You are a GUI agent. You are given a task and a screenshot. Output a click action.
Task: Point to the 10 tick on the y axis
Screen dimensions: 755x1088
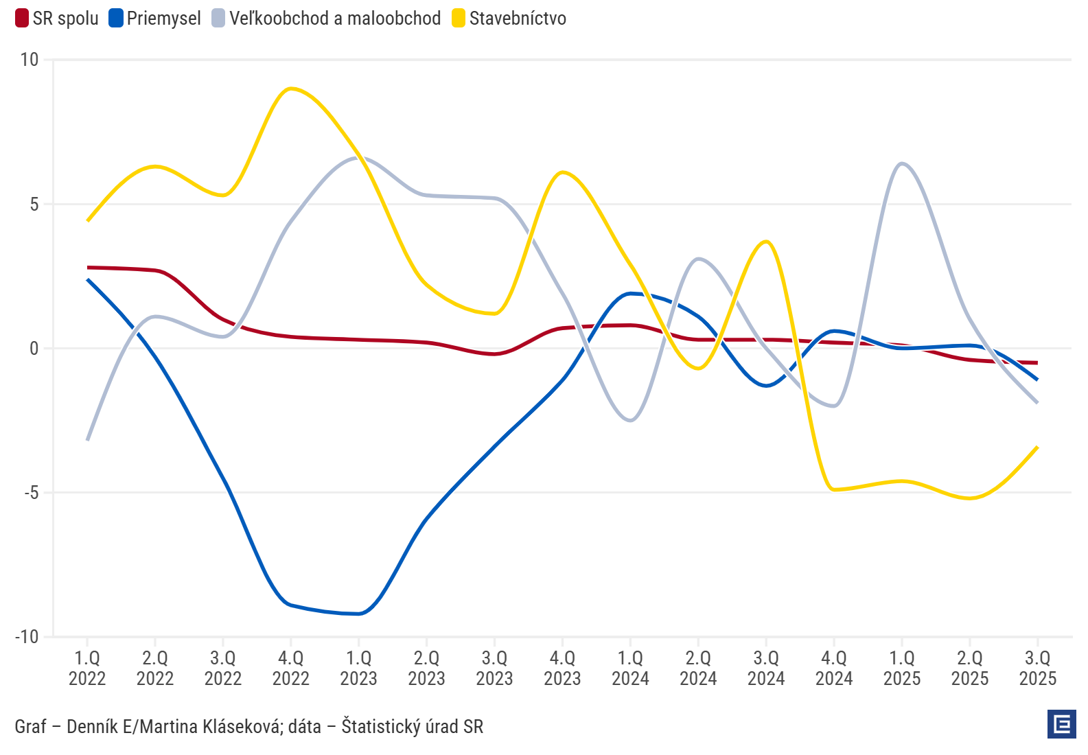tap(30, 60)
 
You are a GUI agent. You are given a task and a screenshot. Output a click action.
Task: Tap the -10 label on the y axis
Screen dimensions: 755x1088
tap(27, 637)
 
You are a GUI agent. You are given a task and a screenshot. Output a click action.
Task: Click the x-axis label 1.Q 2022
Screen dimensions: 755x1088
tap(87, 668)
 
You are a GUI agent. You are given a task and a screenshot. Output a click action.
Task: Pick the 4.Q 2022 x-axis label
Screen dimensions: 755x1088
tap(291, 668)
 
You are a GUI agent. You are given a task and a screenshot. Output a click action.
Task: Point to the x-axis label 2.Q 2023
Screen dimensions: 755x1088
tap(426, 668)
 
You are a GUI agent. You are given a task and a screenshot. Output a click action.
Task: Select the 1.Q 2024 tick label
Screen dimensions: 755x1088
tap(630, 668)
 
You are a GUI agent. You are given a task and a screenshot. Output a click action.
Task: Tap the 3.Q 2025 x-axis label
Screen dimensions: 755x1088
tap(1037, 668)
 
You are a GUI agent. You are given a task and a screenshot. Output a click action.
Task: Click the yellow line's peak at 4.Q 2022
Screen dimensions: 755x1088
tap(291, 89)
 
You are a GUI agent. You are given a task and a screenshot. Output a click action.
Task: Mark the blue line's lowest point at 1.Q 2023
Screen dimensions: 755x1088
tap(359, 614)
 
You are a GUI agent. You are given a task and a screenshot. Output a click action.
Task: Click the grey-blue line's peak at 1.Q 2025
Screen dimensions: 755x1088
tap(902, 163)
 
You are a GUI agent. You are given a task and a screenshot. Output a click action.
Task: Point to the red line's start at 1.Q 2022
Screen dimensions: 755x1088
tap(88, 267)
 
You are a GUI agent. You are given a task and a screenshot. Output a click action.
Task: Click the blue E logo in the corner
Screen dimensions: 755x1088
tap(1062, 724)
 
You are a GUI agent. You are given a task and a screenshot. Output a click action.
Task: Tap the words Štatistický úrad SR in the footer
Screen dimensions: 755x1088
tap(412, 726)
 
